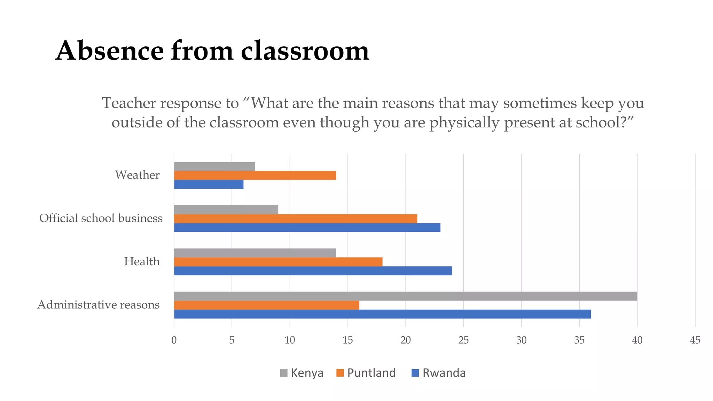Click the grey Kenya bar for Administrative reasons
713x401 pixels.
click(406, 296)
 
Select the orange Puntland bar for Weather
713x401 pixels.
click(255, 175)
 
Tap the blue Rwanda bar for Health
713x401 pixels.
click(313, 271)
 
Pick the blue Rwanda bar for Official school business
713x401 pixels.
click(307, 228)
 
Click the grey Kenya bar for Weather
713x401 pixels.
click(214, 166)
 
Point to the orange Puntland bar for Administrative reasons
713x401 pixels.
click(266, 305)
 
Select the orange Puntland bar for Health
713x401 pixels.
click(278, 262)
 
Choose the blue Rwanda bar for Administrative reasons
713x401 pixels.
click(382, 314)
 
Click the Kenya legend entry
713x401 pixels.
click(301, 373)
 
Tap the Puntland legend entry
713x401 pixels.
click(366, 373)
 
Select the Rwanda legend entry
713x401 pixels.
click(438, 373)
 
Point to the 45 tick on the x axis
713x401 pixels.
click(695, 340)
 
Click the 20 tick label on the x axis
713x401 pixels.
click(406, 340)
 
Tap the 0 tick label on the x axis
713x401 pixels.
click(174, 340)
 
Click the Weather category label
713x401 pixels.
click(137, 175)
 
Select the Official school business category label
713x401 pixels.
click(101, 218)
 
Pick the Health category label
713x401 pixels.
click(142, 261)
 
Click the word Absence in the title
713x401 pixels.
click(109, 51)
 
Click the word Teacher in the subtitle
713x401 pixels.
click(129, 103)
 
